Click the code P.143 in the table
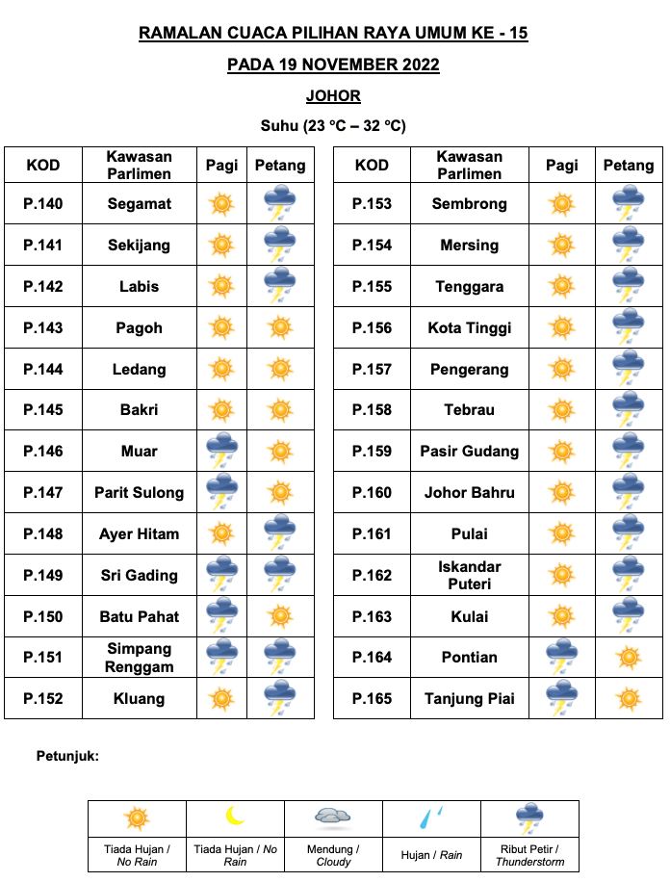[43, 327]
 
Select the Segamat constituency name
[140, 203]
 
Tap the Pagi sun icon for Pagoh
[221, 327]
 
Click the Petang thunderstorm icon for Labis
[280, 286]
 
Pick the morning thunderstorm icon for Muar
[221, 451]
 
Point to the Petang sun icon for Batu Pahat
[280, 616]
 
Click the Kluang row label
[140, 699]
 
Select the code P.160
[373, 492]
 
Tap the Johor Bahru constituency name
[470, 492]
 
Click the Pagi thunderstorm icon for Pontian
[561, 657]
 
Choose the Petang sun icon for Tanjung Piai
[629, 699]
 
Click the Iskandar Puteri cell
[470, 575]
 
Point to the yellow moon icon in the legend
[235, 817]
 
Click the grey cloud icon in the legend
[333, 817]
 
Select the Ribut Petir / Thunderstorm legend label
[528, 856]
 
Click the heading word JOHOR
[333, 96]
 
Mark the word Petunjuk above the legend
[67, 757]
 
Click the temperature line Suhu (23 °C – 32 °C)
[333, 126]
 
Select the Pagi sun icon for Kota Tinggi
[561, 327]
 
